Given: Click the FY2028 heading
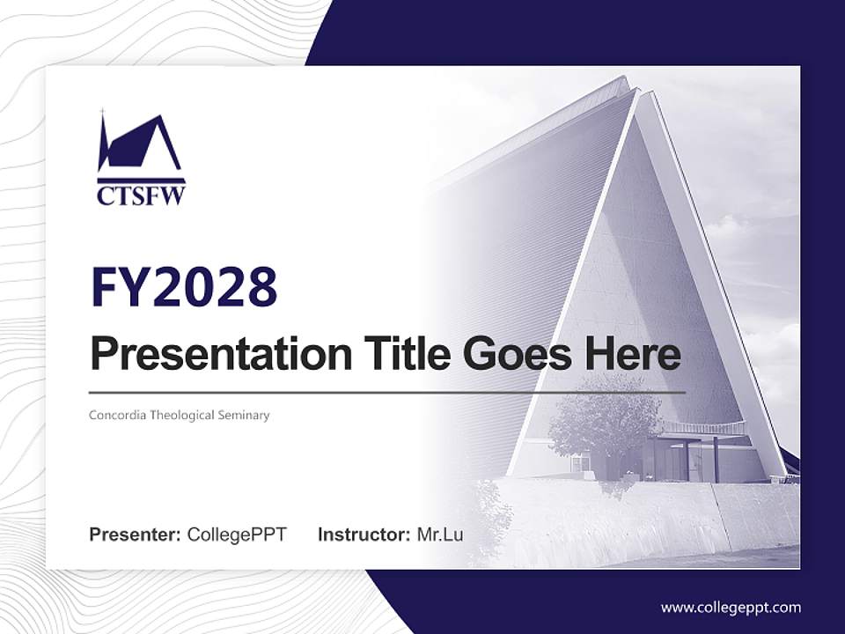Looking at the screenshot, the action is tap(184, 287).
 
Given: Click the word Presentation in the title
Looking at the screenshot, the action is tap(221, 354).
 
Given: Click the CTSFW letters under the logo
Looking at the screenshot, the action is tap(141, 195).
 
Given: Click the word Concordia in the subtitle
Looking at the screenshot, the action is tap(117, 415).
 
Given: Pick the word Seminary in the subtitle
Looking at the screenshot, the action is tap(244, 416).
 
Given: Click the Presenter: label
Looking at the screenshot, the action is tap(135, 534).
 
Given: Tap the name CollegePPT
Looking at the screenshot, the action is tap(237, 534).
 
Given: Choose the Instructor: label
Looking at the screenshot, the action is tap(364, 534).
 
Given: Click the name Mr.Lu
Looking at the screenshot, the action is tap(440, 534).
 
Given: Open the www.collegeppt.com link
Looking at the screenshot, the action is tap(731, 608).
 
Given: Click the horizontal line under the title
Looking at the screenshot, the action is tap(387, 393).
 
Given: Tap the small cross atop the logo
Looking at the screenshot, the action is tap(103, 113).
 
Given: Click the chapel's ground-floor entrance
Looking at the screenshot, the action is tap(673, 458).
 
